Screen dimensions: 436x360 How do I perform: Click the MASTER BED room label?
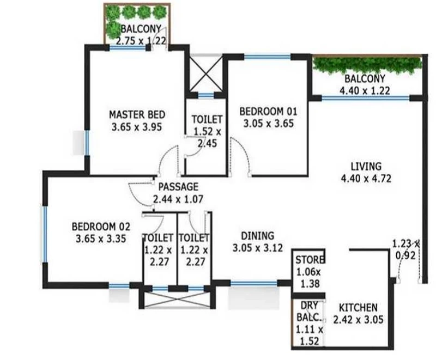pos(137,114)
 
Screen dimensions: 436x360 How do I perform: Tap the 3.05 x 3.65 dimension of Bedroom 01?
pos(268,123)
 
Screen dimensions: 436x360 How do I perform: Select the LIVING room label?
pos(366,167)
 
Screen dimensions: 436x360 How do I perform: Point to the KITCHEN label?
pos(358,308)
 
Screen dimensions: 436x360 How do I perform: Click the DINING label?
pos(257,236)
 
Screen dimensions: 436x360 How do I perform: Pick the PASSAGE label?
pos(178,187)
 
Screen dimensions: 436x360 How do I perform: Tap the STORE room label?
pos(310,260)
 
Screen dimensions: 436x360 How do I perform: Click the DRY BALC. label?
pos(309,311)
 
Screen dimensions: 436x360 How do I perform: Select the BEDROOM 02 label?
pos(101,227)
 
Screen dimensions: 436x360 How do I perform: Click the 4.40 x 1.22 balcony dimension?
pos(365,91)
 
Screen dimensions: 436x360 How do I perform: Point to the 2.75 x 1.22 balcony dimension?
pos(141,41)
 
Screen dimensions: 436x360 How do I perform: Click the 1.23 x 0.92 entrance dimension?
pos(405,249)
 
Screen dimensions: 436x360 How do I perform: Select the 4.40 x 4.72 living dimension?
pos(366,178)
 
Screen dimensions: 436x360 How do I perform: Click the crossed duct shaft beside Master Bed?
pos(206,74)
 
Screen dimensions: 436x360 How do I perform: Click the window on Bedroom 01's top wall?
pos(268,57)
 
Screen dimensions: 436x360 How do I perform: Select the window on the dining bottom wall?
pos(254,283)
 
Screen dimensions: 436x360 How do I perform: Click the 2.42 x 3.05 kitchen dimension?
pos(358,320)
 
